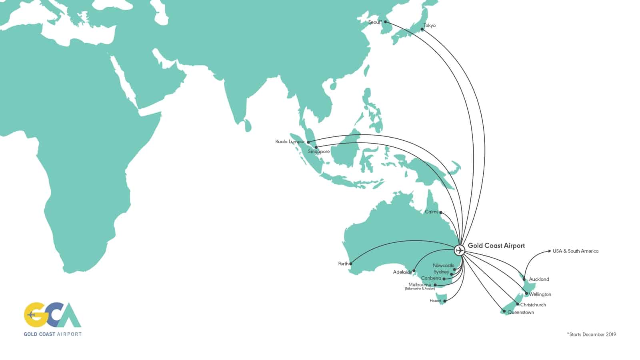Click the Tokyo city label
[430, 26]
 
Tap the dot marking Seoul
[385, 22]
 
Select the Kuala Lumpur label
[290, 142]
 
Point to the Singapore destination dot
[316, 147]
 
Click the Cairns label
[431, 212]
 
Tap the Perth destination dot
[351, 264]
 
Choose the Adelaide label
[402, 272]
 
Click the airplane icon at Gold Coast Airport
[460, 250]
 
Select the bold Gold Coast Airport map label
[496, 246]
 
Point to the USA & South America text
[575, 251]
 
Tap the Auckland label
[539, 279]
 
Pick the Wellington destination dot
[526, 294]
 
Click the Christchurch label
[533, 305]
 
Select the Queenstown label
[520, 312]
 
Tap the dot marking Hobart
[444, 301]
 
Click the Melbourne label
[420, 284]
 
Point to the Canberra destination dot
[444, 279]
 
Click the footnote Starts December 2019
[592, 334]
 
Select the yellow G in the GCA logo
[34, 315]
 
